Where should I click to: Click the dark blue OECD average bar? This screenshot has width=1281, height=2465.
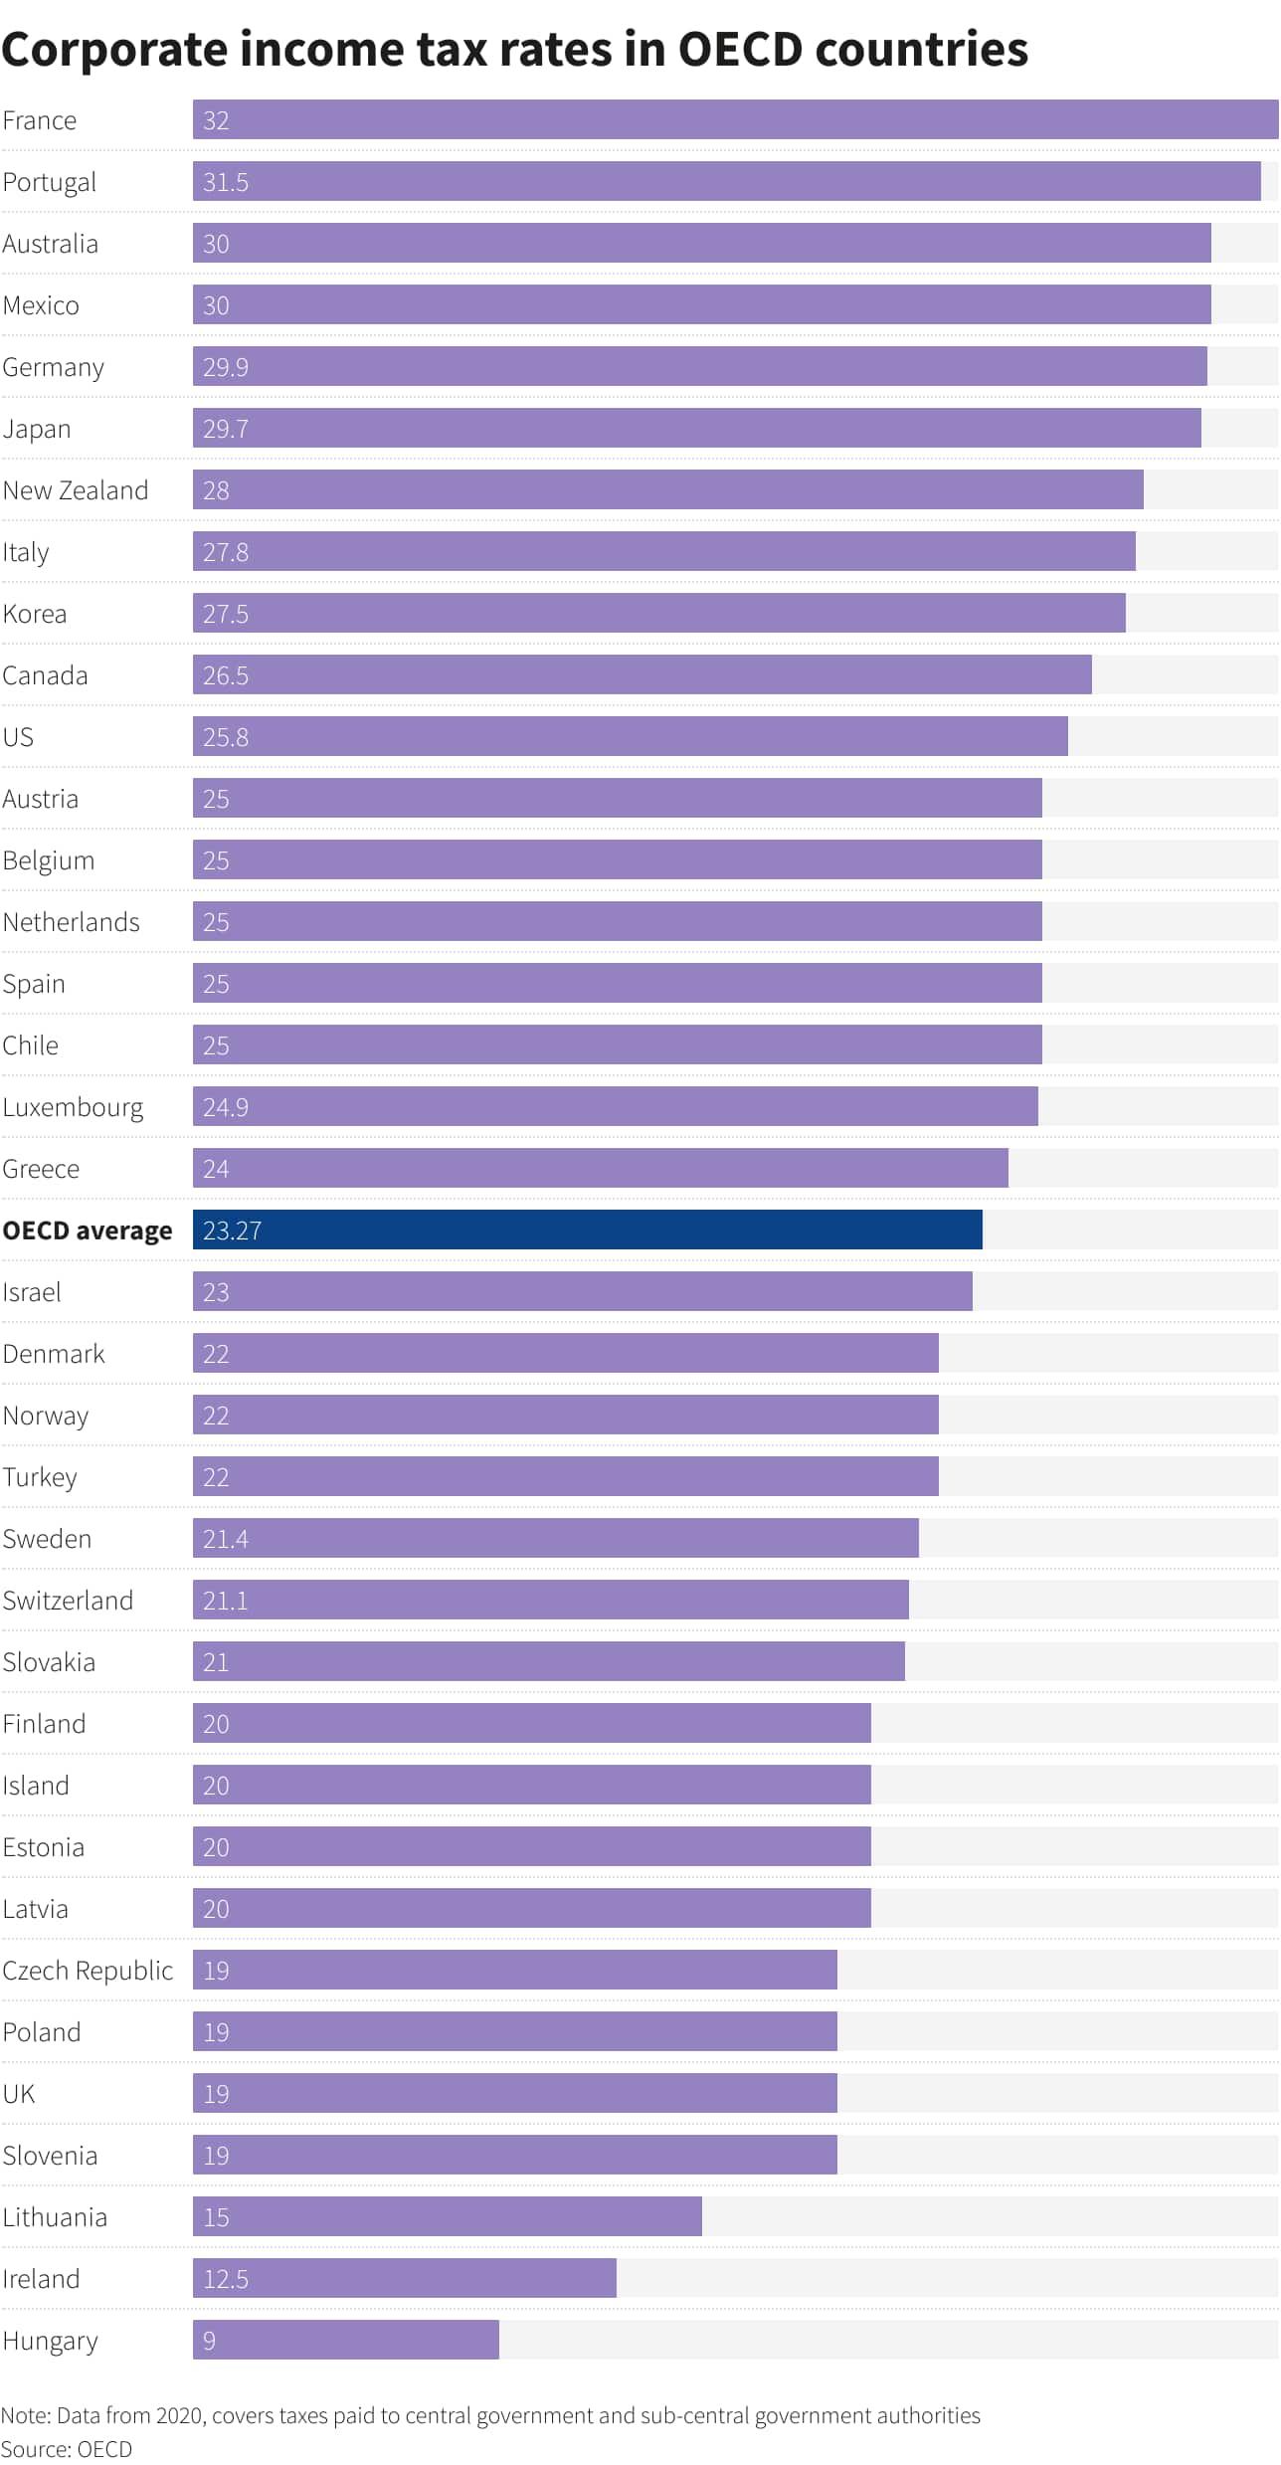587,1230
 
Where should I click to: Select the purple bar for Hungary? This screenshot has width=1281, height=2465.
345,2340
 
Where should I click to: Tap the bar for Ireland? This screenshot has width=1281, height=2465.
404,2278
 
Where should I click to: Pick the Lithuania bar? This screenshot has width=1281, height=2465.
447,2216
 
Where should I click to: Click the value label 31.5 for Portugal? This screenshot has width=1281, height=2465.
226,182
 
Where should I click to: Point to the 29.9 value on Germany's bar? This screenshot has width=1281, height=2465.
226,367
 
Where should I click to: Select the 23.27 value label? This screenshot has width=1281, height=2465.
232,1231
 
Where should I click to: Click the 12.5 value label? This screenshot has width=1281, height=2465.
226,2279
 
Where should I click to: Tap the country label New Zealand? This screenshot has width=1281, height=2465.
76,490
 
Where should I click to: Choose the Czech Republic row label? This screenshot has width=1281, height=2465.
88,1971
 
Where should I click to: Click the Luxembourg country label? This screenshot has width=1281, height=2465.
73,1107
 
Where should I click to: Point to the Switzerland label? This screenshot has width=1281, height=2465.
68,1601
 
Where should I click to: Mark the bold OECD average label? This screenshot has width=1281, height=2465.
88,1231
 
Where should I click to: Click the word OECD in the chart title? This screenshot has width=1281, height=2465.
740,49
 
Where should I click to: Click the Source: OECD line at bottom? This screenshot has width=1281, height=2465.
67,2448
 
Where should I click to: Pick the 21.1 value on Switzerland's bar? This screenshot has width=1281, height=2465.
225,1601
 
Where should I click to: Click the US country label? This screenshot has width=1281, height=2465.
18,737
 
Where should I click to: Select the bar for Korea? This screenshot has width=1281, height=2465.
658,613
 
